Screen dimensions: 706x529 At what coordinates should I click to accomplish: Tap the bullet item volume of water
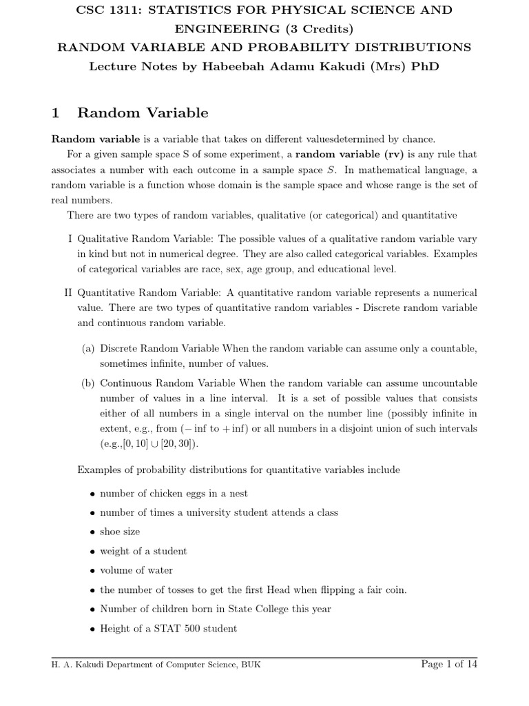pyautogui.click(x=136, y=570)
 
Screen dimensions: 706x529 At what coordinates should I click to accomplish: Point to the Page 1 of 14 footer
pyautogui.click(x=448, y=664)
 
